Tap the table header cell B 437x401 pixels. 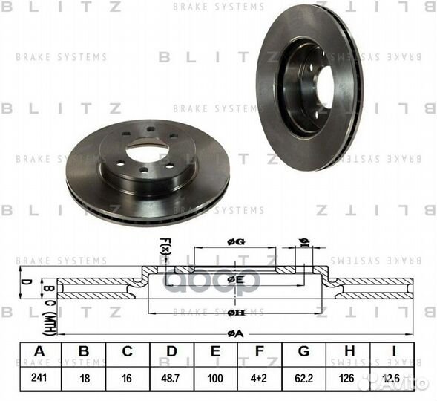click(x=84, y=351)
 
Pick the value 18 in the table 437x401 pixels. click(x=84, y=377)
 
